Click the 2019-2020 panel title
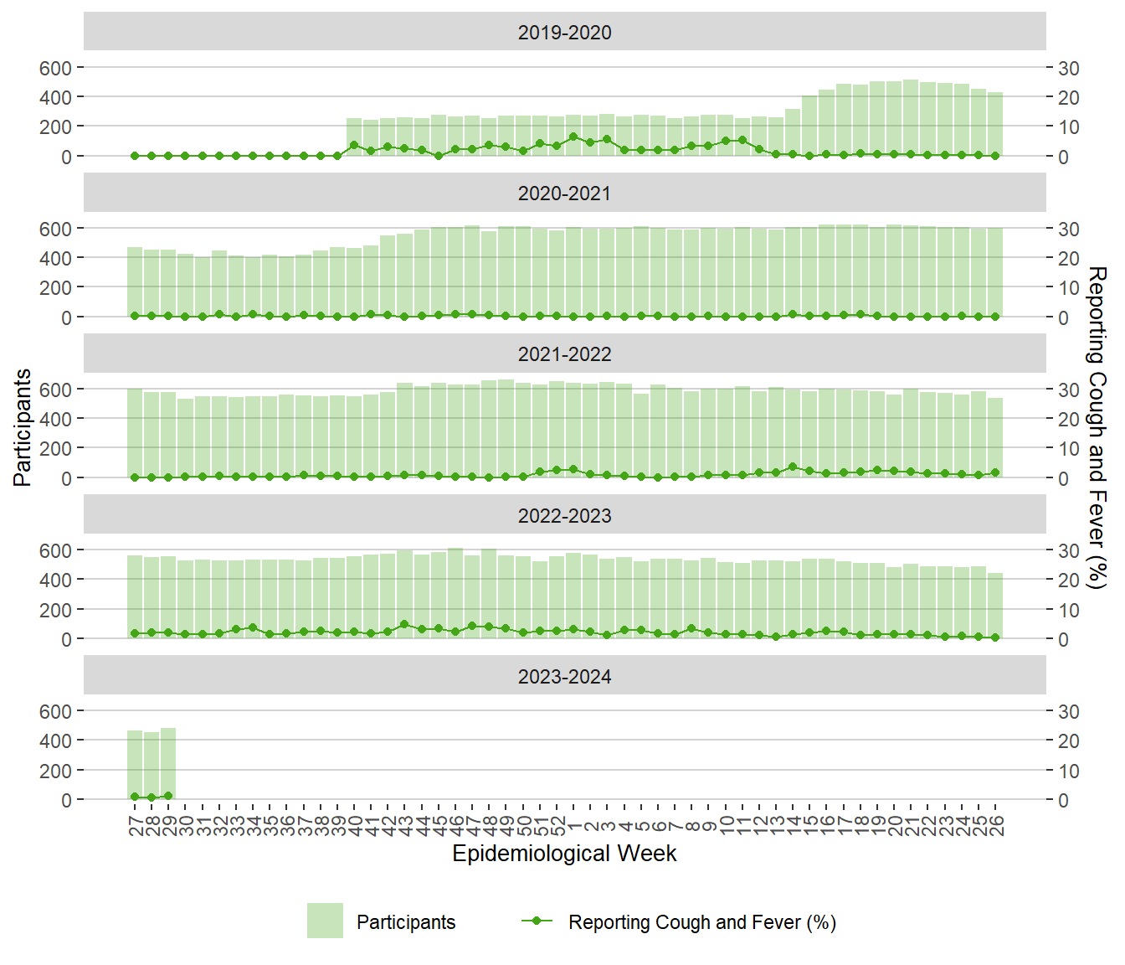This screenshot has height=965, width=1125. [x=564, y=33]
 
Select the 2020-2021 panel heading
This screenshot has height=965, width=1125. [x=564, y=194]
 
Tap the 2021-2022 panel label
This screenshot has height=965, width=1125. [x=564, y=354]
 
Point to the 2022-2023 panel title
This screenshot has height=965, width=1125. [x=564, y=515]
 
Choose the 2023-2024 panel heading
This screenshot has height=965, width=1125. [x=564, y=676]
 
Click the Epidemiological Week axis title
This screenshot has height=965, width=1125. [x=564, y=854]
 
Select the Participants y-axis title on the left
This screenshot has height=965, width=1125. [x=23, y=427]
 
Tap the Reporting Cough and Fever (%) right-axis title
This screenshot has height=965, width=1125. [x=1097, y=427]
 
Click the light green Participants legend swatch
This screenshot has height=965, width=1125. [x=325, y=921]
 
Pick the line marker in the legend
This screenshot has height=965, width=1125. [x=537, y=921]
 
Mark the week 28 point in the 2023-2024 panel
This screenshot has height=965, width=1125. [x=152, y=797]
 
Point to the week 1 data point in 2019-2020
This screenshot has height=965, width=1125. [x=573, y=137]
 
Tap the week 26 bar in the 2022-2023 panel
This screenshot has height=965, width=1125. [x=995, y=605]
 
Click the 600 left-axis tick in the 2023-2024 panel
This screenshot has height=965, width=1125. [x=55, y=711]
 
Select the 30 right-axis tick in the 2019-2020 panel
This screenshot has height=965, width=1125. [x=1069, y=68]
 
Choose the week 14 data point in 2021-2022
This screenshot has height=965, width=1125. [x=793, y=467]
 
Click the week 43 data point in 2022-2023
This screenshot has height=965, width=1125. [x=404, y=624]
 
